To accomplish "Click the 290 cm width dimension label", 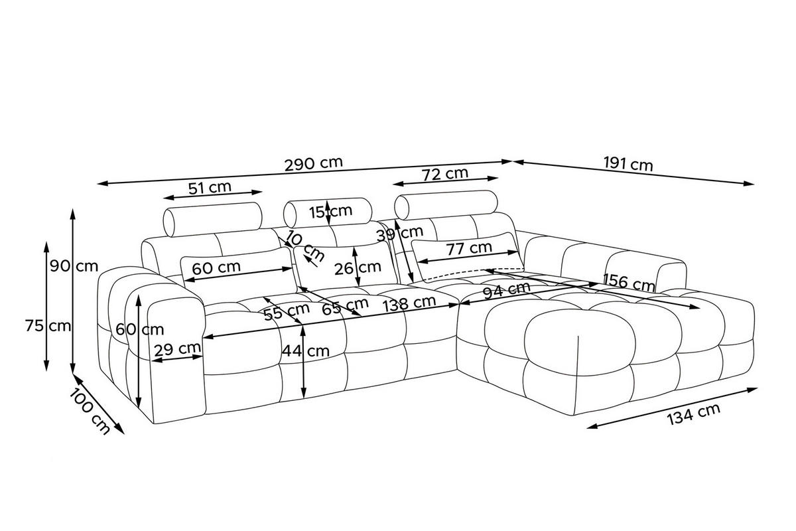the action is point(313,163).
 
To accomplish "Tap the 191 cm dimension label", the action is point(628,165).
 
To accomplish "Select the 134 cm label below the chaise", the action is point(693,414).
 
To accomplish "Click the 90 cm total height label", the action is point(74,266).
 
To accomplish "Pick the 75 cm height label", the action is point(48,326).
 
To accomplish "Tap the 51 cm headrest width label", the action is point(210,187).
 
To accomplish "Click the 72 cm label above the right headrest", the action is point(445,174).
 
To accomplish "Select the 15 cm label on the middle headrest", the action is point(330,212).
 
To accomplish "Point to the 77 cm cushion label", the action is point(469,248).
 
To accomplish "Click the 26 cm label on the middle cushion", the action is point(358,267).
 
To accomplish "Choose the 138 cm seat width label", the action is point(409,303).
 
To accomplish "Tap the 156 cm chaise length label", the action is point(629,282).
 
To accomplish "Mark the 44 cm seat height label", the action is point(306,351).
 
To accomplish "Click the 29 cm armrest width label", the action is point(177,350).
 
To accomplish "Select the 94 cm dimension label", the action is point(506,289).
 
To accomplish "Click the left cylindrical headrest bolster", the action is point(212,219).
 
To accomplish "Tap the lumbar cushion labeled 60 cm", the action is point(238,272).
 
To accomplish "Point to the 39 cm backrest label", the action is point(400,234).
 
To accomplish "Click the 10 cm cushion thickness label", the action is point(306,246).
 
